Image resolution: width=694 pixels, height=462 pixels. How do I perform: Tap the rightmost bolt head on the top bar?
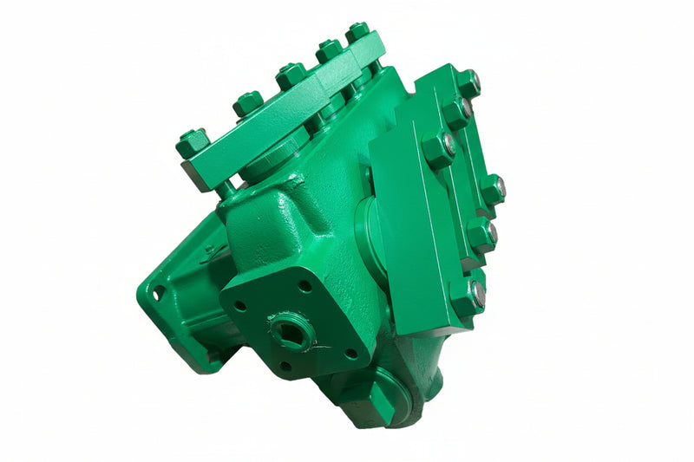357,32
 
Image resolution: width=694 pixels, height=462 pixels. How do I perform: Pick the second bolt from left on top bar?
247,103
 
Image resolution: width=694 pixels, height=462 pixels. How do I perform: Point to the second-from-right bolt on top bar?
329,49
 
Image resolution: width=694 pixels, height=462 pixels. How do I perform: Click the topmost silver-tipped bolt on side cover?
468,83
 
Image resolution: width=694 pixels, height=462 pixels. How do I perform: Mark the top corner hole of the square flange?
304,285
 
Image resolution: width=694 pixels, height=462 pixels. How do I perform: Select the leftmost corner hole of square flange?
239,306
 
